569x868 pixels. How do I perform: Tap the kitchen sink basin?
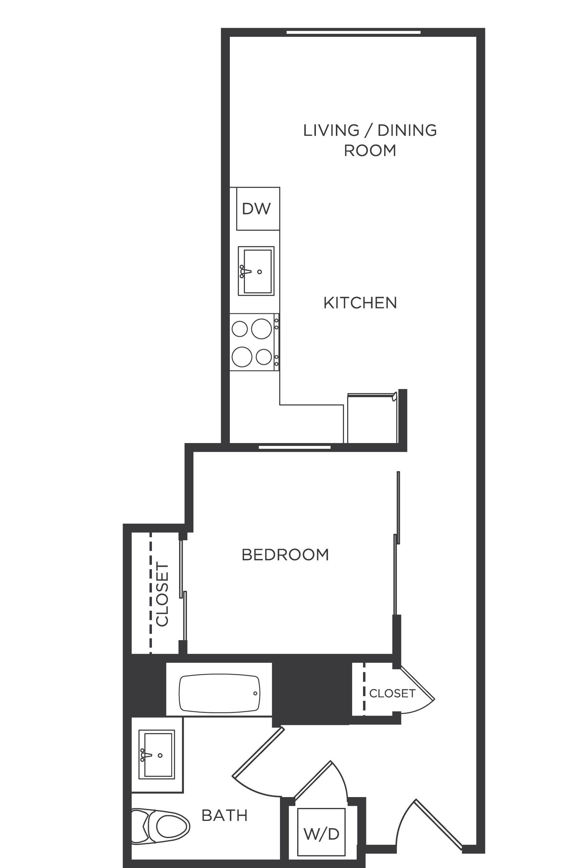click(258, 271)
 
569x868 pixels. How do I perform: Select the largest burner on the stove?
click(261, 329)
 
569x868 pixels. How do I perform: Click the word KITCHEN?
click(360, 303)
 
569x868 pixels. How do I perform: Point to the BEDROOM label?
click(285, 555)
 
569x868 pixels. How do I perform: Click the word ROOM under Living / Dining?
click(370, 150)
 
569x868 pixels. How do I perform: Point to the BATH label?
click(224, 815)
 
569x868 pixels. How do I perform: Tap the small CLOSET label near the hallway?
click(392, 693)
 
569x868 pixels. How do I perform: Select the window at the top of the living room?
click(353, 33)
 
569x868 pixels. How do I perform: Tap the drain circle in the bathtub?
click(255, 693)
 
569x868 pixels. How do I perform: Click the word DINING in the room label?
click(407, 130)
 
